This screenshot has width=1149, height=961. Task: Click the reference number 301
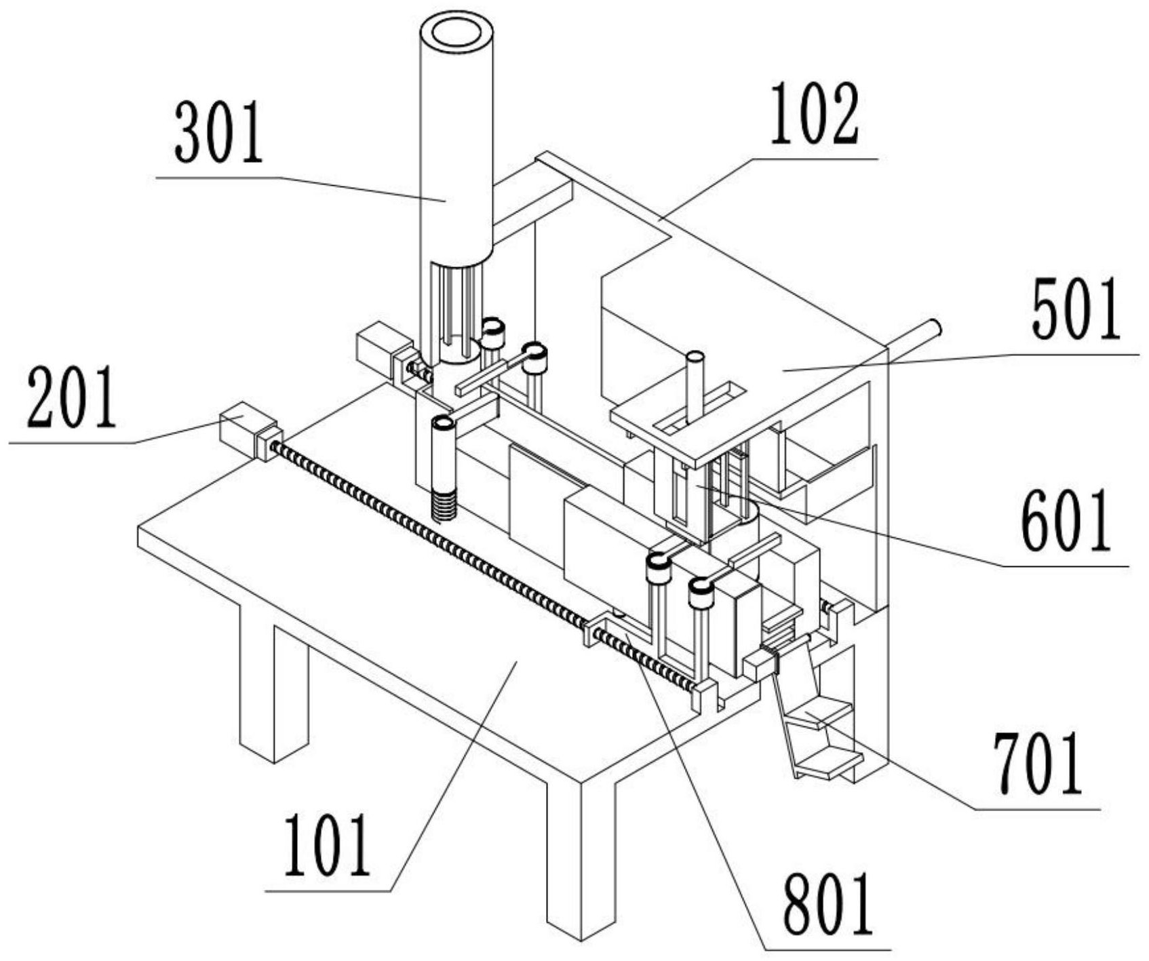tap(218, 132)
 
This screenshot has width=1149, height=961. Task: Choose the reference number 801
tap(828, 903)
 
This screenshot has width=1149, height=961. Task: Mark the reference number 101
tap(328, 844)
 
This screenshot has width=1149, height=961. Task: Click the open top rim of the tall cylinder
tap(456, 32)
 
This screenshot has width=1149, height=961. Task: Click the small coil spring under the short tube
tap(444, 505)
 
